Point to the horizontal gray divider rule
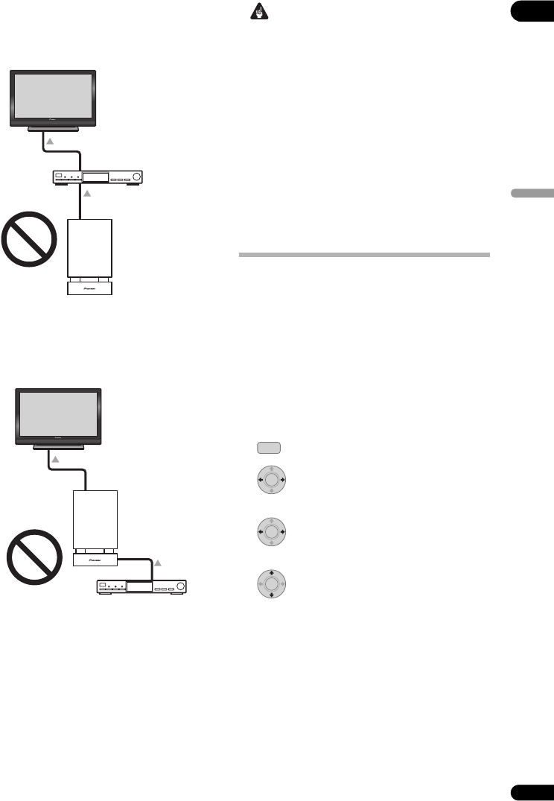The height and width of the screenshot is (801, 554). point(364,256)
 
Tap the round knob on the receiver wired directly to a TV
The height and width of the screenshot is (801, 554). point(135,177)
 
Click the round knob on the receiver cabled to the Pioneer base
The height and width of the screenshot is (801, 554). point(179,587)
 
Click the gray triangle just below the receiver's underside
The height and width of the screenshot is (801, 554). point(87,194)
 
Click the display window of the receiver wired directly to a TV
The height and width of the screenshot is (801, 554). point(95,177)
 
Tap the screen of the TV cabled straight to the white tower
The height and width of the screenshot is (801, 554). point(58,414)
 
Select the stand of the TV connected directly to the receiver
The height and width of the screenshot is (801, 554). point(53,129)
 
